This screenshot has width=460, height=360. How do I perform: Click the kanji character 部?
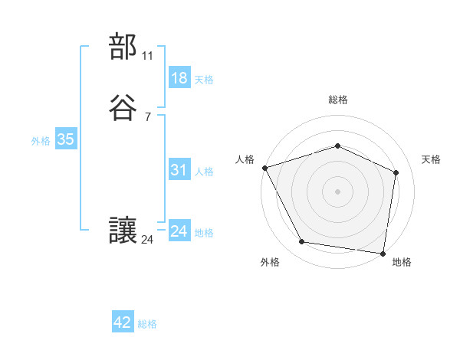click(x=123, y=47)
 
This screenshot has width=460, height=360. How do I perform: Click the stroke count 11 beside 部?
click(x=148, y=57)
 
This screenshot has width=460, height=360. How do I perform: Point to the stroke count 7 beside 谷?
click(x=147, y=117)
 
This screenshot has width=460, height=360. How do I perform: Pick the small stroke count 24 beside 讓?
click(x=148, y=240)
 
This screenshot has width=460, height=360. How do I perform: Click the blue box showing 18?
click(x=179, y=77)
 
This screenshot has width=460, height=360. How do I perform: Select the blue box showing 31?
click(x=179, y=170)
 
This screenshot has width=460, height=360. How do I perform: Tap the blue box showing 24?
click(x=179, y=231)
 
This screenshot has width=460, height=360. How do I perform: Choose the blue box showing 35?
click(x=65, y=139)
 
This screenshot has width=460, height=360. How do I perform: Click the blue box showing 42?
click(x=123, y=322)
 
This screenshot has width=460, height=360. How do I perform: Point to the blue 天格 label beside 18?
click(x=204, y=79)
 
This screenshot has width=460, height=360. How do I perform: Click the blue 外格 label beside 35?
click(x=41, y=141)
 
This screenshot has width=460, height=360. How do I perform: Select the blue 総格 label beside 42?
click(x=147, y=324)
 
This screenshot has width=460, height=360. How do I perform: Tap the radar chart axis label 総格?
click(x=338, y=100)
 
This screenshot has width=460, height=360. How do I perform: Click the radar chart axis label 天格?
click(x=431, y=159)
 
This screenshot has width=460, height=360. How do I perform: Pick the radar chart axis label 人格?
click(x=245, y=159)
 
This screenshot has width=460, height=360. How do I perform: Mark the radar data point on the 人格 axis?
click(x=264, y=168)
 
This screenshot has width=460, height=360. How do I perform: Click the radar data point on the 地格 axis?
click(x=383, y=253)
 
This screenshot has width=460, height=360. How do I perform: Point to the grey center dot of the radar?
click(x=338, y=191)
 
